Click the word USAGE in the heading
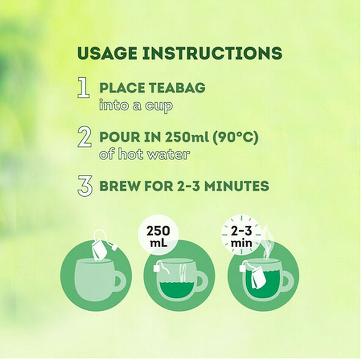pyautogui.click(x=107, y=53)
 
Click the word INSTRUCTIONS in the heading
pyautogui.click(x=212, y=53)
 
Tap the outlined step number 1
pyautogui.click(x=83, y=88)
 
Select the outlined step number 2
pyautogui.click(x=85, y=136)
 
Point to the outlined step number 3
pyautogui.click(x=85, y=186)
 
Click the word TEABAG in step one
pyautogui.click(x=177, y=88)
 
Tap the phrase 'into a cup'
pyautogui.click(x=136, y=106)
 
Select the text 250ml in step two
pyautogui.click(x=187, y=137)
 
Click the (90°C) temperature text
pyautogui.click(x=235, y=138)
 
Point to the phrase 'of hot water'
pyautogui.click(x=145, y=154)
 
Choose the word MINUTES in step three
pyautogui.click(x=237, y=186)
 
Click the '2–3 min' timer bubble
pyautogui.click(x=241, y=236)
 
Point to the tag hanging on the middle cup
pyautogui.click(x=157, y=268)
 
